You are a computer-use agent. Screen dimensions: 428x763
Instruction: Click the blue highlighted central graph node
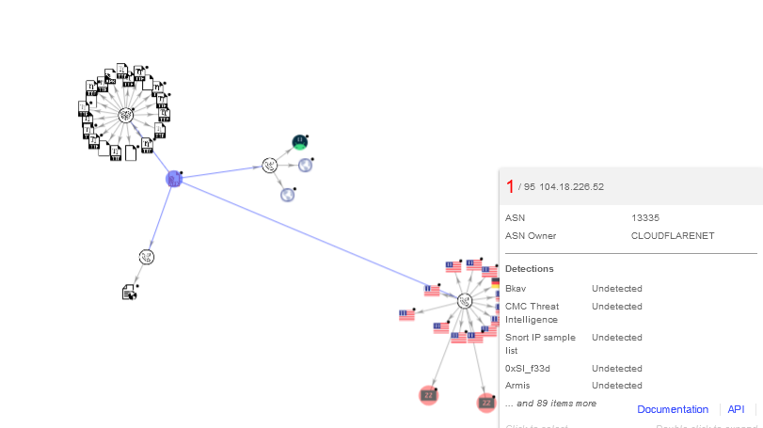(173, 179)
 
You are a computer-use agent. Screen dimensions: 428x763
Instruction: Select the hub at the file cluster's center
(125, 115)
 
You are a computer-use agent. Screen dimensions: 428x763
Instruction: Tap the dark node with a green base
(299, 142)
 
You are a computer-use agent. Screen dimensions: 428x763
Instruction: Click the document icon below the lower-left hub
(130, 293)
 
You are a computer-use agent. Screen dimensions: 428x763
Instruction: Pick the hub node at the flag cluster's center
(465, 300)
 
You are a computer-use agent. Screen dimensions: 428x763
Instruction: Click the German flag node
(495, 282)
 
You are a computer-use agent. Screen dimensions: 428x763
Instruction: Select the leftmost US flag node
(406, 315)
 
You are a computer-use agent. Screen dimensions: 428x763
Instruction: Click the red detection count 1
(510, 186)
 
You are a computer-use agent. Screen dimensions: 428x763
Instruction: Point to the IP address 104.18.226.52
(571, 187)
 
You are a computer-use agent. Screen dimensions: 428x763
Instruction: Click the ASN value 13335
(646, 217)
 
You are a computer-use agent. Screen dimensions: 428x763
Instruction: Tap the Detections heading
(529, 269)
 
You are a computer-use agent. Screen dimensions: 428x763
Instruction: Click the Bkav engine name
(516, 288)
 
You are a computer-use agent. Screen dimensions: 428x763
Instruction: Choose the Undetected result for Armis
(616, 386)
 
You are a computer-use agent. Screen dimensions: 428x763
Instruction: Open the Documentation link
(673, 409)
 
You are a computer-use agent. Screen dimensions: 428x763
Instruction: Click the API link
(736, 409)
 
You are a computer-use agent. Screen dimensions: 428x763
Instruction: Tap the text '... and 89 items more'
(550, 404)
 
